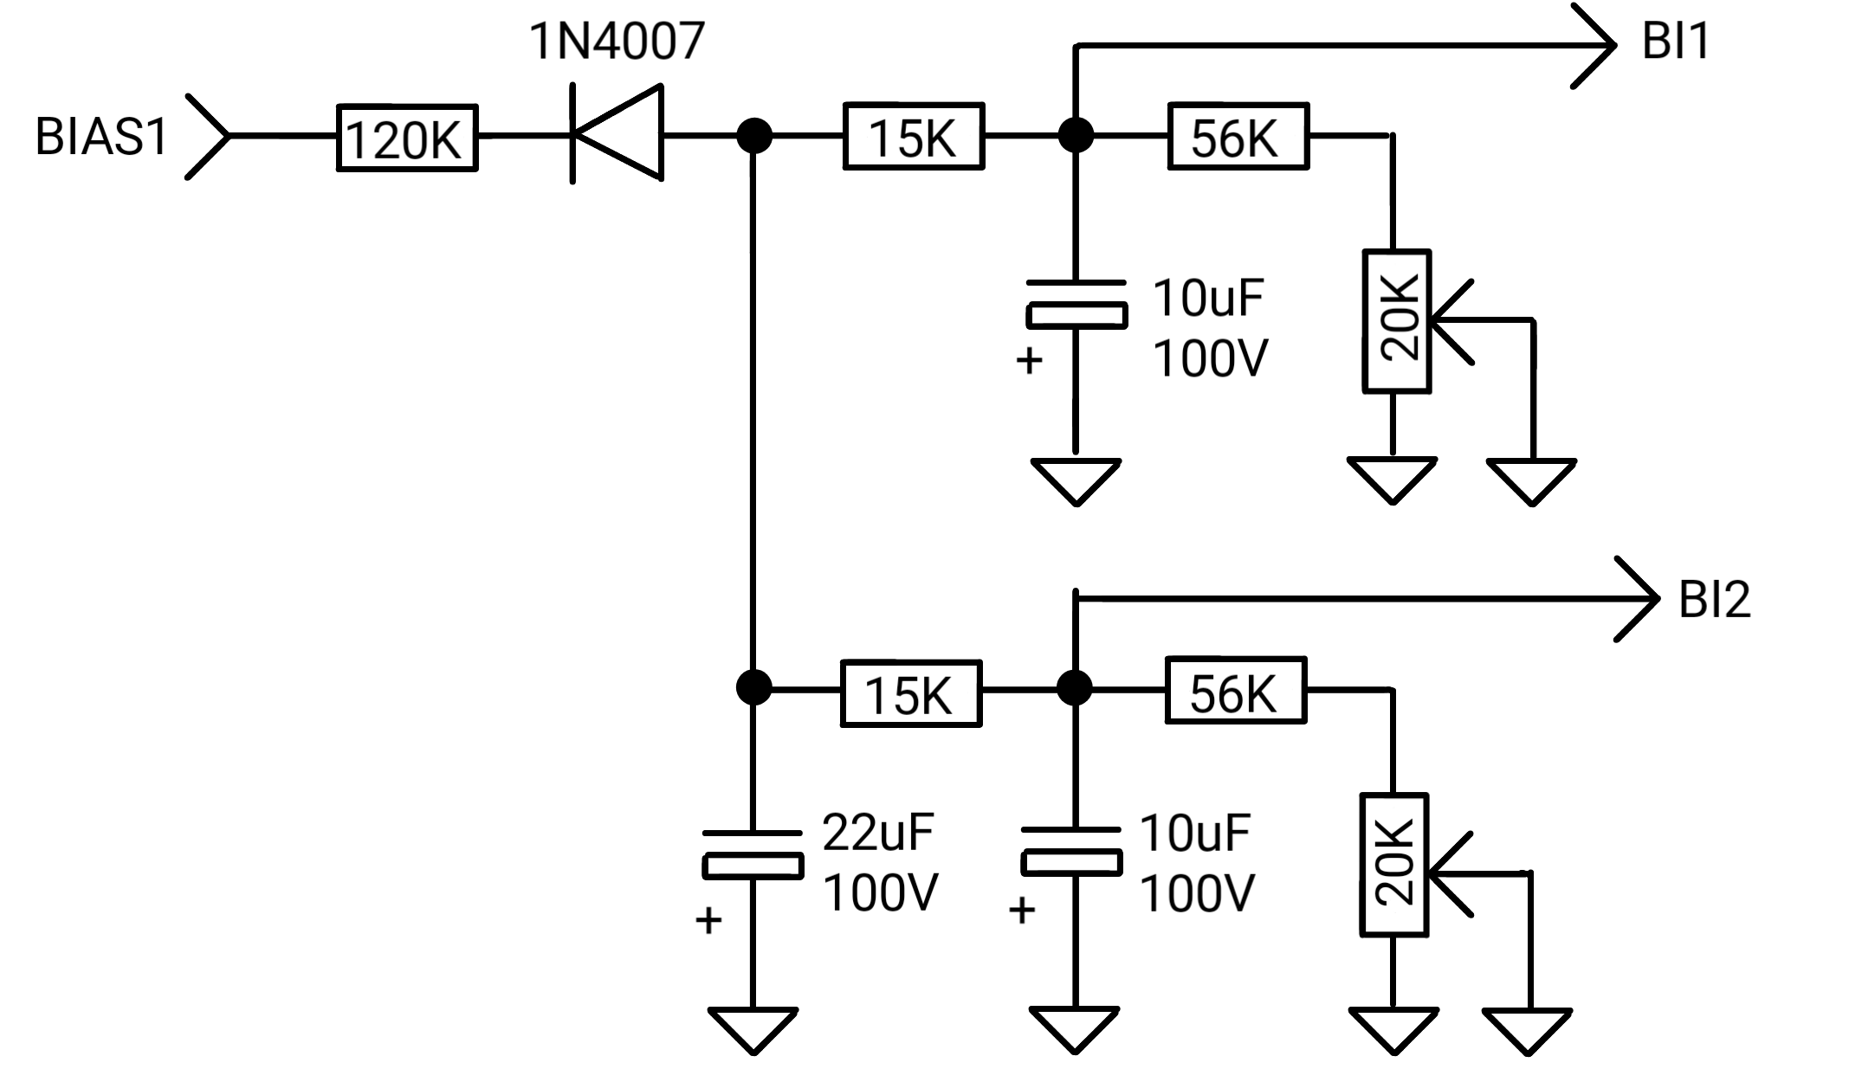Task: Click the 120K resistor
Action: [407, 138]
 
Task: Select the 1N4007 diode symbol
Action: [617, 134]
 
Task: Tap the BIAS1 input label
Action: [100, 137]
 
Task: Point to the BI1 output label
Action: [1676, 41]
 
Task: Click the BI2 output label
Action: [1714, 599]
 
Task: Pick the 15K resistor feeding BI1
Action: [914, 136]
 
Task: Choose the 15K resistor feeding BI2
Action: [911, 692]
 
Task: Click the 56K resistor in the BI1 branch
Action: [1238, 136]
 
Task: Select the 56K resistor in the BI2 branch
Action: [1236, 690]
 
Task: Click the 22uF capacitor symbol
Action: [753, 855]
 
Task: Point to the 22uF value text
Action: [878, 832]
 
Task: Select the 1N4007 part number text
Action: [617, 41]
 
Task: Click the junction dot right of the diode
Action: [754, 136]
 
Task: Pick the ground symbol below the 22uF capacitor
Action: [753, 1030]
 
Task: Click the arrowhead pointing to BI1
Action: [1594, 45]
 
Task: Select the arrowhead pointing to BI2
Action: [1637, 599]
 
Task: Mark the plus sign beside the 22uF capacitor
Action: [708, 919]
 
